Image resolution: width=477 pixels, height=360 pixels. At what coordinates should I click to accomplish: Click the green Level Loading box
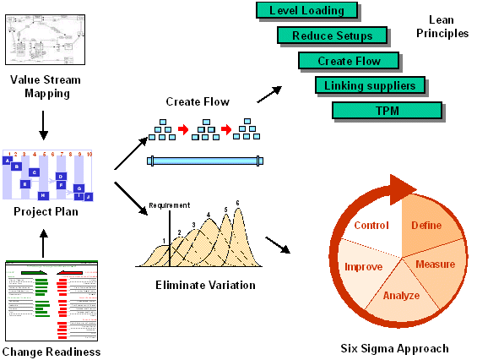pos(306,11)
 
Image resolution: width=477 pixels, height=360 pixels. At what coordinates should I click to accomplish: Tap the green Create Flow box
pos(349,61)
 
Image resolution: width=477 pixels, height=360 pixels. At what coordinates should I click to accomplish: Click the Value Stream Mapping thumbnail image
pos(43,39)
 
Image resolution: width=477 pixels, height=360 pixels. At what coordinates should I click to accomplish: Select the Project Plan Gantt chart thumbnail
pos(47,176)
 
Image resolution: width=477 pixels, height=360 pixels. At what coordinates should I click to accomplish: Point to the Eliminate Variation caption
pos(205,285)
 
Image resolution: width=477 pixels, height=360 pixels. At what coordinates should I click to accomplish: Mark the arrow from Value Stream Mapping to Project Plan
pos(43,122)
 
